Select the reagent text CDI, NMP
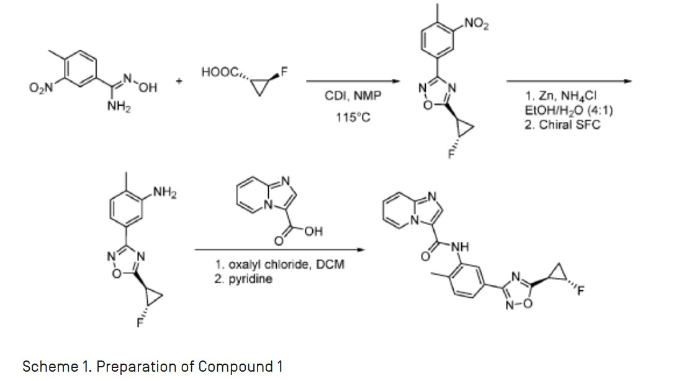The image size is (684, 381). pos(353,96)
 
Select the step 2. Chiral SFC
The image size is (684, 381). pos(562,124)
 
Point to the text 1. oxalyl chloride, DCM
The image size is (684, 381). pos(279,265)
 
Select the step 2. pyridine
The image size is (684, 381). pos(243,278)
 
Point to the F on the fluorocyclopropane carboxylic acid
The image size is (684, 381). pos(285,70)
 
